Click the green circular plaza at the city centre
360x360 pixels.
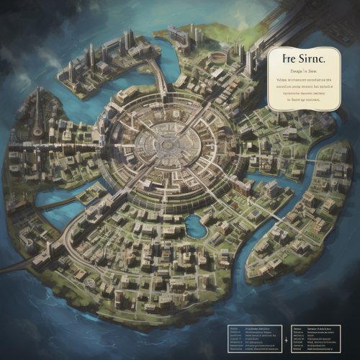point(168,144)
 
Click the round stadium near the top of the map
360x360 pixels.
point(217,57)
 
